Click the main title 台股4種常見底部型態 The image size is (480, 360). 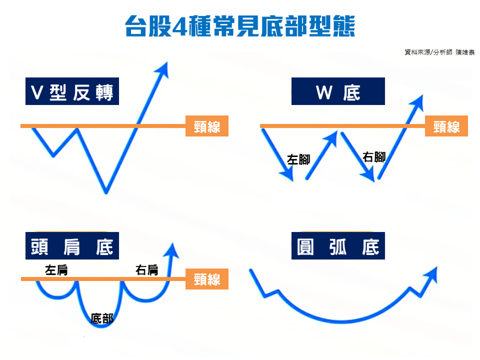240,26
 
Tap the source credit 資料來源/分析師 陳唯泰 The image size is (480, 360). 439,52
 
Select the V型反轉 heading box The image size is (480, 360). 72,91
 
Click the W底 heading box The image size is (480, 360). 338,91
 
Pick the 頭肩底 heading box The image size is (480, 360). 72,246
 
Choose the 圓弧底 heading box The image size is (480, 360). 338,246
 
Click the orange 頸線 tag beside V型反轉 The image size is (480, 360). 207,126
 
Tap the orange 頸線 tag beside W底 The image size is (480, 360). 446,126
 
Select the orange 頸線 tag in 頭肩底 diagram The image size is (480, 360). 207,279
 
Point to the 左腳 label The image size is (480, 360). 299,159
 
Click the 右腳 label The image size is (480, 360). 374,157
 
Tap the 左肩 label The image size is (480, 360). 56,270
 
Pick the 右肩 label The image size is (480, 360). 147,270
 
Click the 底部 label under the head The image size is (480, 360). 102,319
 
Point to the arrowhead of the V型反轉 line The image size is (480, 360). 163,69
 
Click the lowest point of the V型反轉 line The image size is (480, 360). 106,192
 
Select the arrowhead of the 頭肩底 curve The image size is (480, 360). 172,250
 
